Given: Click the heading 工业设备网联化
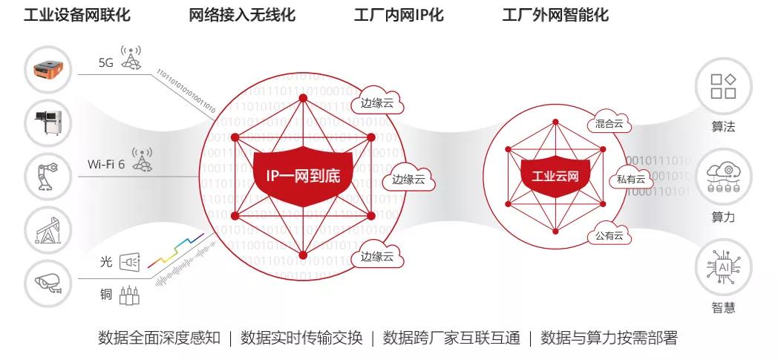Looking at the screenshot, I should pyautogui.click(x=78, y=15).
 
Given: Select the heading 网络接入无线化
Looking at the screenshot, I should pyautogui.click(x=242, y=15).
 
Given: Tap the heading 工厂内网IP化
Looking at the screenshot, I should pyautogui.click(x=398, y=15).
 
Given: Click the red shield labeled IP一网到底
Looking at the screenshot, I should pyautogui.click(x=303, y=176).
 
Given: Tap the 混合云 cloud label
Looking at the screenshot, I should pyautogui.click(x=609, y=125).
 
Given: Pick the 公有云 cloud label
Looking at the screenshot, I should pyautogui.click(x=609, y=236).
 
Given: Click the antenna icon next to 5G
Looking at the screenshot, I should pyautogui.click(x=131, y=60).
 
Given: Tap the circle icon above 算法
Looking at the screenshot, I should pyautogui.click(x=723, y=86).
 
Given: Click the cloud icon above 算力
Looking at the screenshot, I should pyautogui.click(x=723, y=177).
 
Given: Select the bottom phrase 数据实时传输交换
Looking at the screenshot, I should pyautogui.click(x=302, y=338).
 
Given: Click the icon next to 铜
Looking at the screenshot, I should pyautogui.click(x=129, y=295).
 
